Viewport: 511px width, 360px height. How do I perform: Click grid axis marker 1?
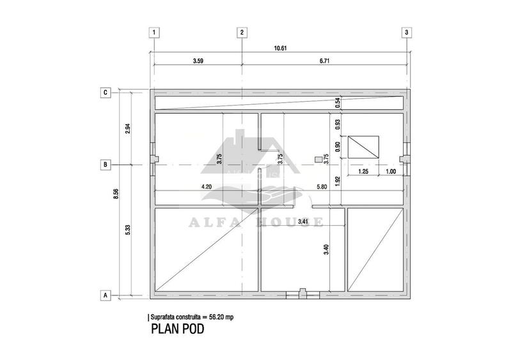tap(154, 33)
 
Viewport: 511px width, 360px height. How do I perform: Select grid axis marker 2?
tap(242, 33)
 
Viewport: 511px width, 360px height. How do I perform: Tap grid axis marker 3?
tap(406, 33)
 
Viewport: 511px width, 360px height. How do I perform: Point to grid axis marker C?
tap(106, 93)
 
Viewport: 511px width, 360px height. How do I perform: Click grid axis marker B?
tap(106, 165)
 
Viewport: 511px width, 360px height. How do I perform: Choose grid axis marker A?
tap(106, 295)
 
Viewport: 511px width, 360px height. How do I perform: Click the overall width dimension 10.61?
tap(280, 48)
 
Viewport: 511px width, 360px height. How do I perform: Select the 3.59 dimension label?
tap(198, 61)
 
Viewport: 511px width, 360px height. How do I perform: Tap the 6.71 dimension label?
tap(324, 61)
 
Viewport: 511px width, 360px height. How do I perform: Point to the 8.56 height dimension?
tap(116, 194)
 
